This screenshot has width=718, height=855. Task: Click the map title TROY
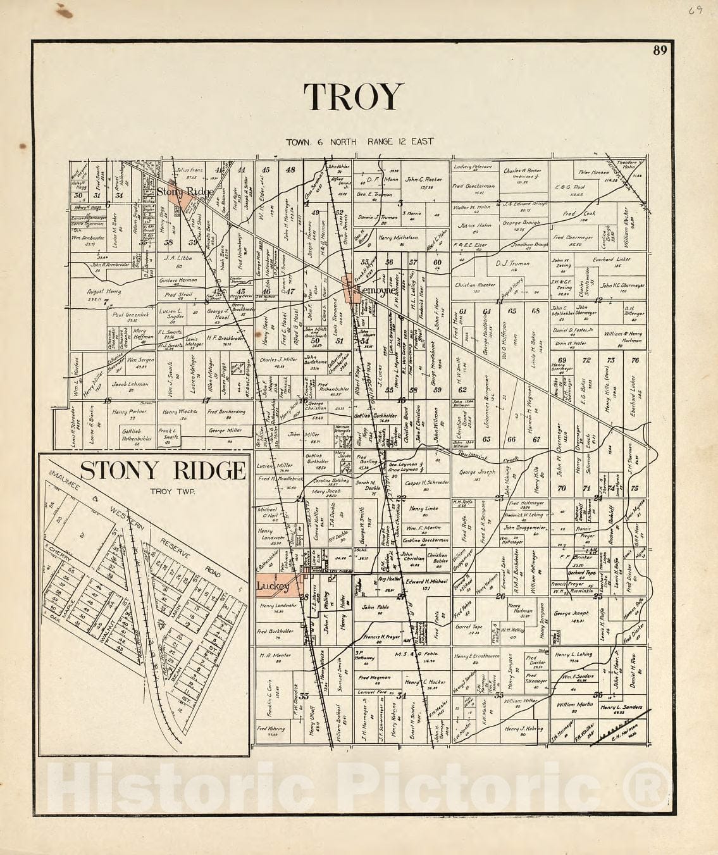pyautogui.click(x=353, y=97)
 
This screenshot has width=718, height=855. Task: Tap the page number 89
pyautogui.click(x=660, y=51)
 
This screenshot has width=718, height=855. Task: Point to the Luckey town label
pyautogui.click(x=273, y=587)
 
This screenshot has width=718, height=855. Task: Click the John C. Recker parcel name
pyautogui.click(x=423, y=179)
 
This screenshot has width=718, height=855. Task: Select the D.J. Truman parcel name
pyautogui.click(x=506, y=263)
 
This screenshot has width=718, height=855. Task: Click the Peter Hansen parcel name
pyautogui.click(x=592, y=172)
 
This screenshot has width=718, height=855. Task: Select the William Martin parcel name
pyautogui.click(x=574, y=704)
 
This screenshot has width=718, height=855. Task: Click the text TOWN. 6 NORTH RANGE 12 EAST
pyautogui.click(x=359, y=141)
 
